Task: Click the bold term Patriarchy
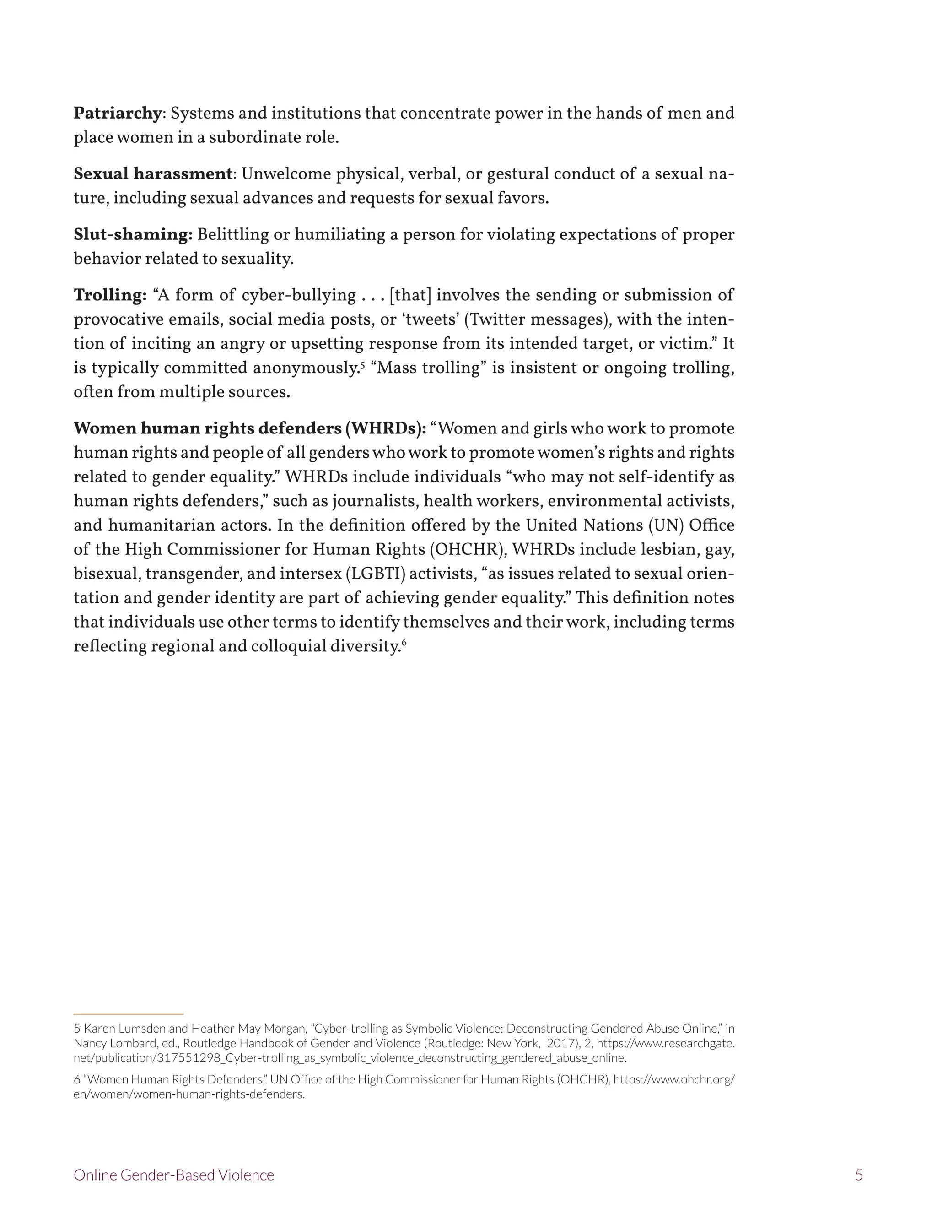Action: (117, 114)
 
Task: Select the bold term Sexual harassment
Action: (153, 174)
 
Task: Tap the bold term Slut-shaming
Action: (133, 234)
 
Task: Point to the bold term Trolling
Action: (110, 295)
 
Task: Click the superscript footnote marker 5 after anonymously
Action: (362, 364)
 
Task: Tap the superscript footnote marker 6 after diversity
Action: (404, 643)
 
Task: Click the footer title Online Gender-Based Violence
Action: (174, 1175)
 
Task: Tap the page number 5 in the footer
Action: (859, 1175)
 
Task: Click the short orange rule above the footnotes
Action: (128, 1014)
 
